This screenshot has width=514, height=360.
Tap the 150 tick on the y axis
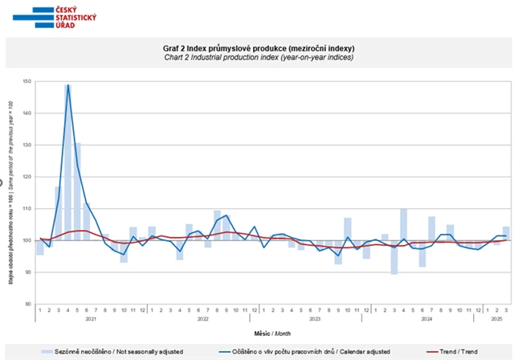coord(27,81)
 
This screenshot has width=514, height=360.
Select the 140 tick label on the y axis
coord(27,113)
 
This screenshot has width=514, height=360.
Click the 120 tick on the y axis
coord(27,177)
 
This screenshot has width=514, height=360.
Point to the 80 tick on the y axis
coord(27,304)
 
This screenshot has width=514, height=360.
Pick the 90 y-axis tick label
coord(27,272)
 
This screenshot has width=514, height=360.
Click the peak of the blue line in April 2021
coord(68,84)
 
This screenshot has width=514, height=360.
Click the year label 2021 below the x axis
coord(91,319)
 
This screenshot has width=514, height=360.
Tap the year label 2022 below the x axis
coord(202,319)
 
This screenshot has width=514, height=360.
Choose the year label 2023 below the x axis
coord(315,319)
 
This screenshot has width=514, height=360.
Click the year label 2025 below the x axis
coord(497,319)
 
